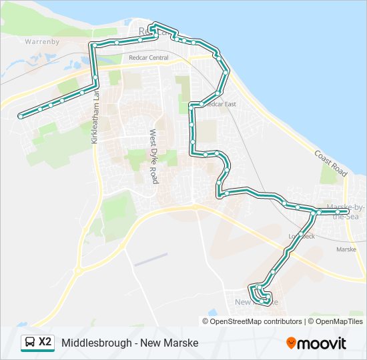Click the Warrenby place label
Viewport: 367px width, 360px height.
(42, 41)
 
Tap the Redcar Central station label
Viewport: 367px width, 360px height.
(149, 58)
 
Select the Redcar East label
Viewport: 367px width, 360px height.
(220, 104)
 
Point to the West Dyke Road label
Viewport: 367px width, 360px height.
(153, 157)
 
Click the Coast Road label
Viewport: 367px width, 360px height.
(331, 163)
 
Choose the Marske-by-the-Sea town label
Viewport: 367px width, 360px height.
(346, 212)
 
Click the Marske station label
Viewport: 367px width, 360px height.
(346, 249)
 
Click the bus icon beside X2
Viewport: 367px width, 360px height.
(30, 343)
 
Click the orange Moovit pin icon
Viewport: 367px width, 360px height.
(291, 343)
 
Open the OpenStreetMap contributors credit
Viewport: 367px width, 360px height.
(256, 321)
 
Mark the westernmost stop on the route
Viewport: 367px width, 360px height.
(20, 116)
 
